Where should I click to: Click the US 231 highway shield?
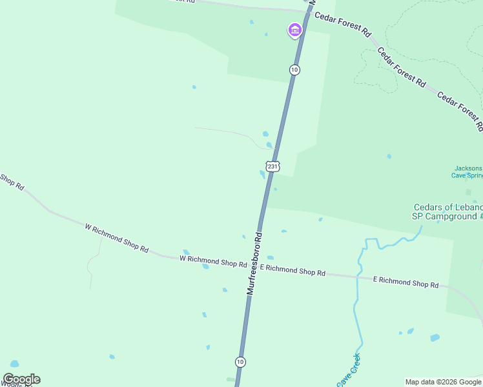click(x=272, y=166)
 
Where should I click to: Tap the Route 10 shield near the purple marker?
click(x=294, y=70)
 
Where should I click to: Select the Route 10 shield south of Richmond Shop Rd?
click(x=240, y=362)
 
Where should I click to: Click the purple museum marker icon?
click(x=294, y=30)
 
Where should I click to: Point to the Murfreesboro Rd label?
click(x=254, y=263)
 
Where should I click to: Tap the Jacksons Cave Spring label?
click(x=468, y=172)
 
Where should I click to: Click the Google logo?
click(x=21, y=379)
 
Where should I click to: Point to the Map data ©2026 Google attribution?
click(x=443, y=382)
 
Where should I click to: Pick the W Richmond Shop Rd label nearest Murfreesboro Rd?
click(x=213, y=261)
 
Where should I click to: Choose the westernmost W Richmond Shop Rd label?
click(x=116, y=238)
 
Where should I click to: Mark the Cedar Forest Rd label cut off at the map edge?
click(x=460, y=110)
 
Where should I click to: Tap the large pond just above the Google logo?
click(x=14, y=364)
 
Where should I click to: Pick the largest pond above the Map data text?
click(x=435, y=337)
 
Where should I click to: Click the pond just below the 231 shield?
click(x=262, y=174)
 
